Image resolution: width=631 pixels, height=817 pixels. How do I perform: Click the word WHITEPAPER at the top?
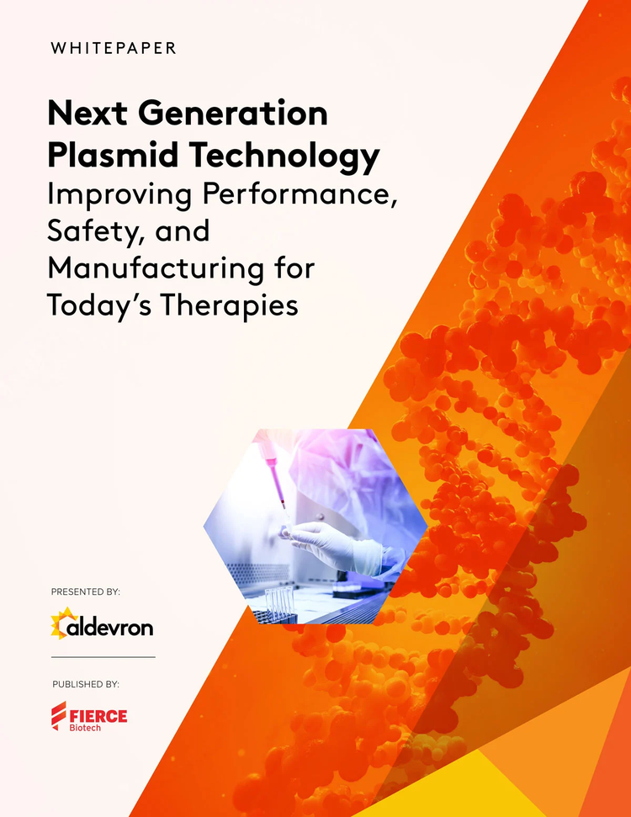114,48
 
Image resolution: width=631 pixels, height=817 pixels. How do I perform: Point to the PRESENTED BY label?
86,592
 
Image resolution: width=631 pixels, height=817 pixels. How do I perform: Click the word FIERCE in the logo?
99,716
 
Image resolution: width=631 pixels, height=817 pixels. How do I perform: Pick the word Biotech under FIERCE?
85,729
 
